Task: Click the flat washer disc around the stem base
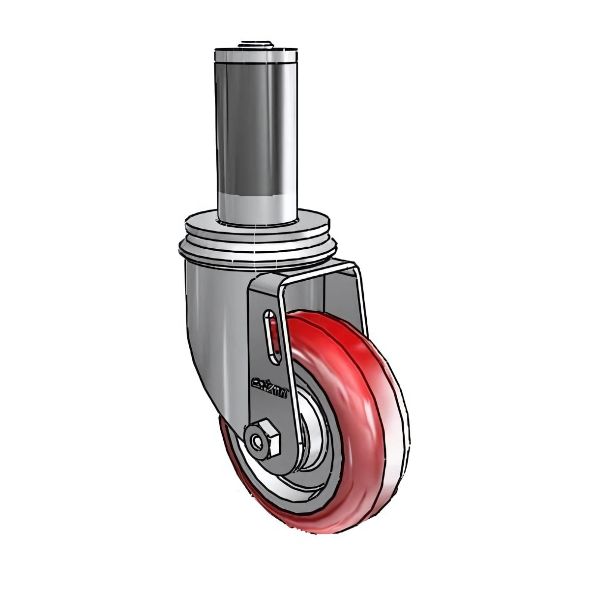click(256, 224)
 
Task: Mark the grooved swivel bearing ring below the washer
click(256, 246)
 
